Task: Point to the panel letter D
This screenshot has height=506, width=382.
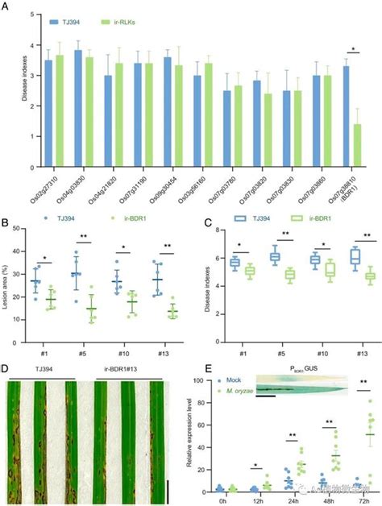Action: coord(6,371)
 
